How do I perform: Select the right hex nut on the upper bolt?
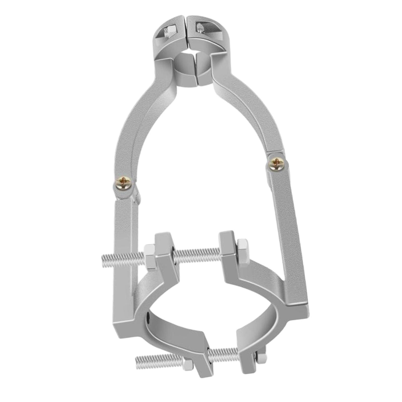[243, 250]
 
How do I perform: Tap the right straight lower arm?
[289, 226]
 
